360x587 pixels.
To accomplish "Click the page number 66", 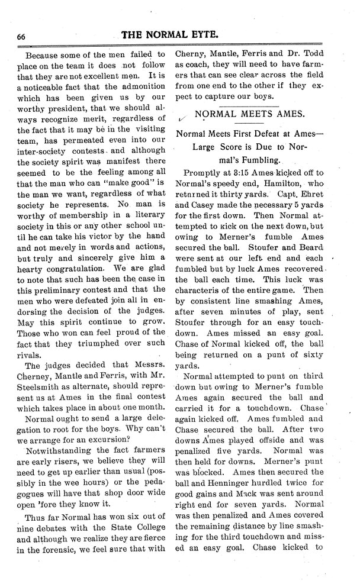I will point(21,36).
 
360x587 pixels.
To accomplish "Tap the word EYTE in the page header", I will point(223,35).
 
